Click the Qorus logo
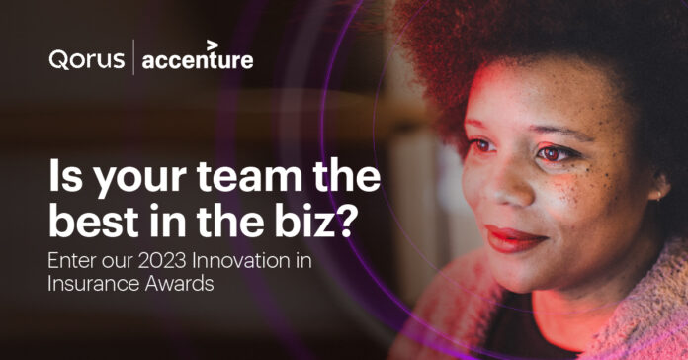click(86, 60)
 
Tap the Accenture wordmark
click(198, 61)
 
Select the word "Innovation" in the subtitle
click(247, 263)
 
